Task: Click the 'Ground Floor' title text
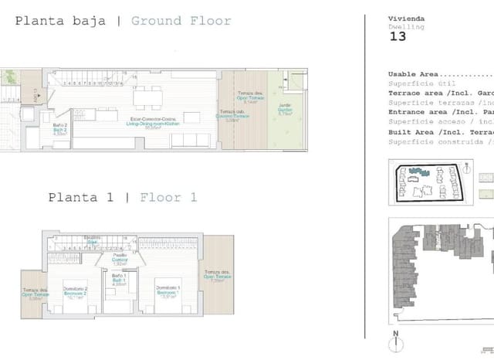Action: click(x=181, y=21)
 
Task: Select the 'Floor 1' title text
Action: click(x=168, y=198)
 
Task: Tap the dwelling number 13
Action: click(x=398, y=36)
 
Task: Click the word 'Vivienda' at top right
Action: click(x=405, y=18)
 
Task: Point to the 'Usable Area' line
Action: click(x=439, y=75)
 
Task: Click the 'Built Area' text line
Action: click(x=439, y=132)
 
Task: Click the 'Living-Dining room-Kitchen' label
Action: click(x=157, y=124)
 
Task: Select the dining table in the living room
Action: click(x=147, y=97)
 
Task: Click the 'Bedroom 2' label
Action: click(x=74, y=292)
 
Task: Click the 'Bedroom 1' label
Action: click(x=167, y=292)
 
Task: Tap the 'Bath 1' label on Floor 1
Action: click(x=119, y=279)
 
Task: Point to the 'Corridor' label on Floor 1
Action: click(x=120, y=260)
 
